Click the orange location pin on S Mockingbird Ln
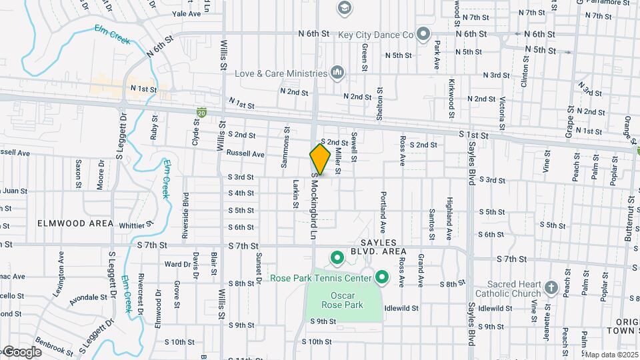(x=320, y=159)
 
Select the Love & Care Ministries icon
(x=337, y=72)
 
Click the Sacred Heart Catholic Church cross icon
(x=550, y=287)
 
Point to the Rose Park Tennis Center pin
(x=381, y=276)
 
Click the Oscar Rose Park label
(x=345, y=300)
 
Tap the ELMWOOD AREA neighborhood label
(x=75, y=223)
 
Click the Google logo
(x=21, y=352)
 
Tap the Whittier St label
(x=137, y=225)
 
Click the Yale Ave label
(x=186, y=13)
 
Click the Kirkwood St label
(x=451, y=94)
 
